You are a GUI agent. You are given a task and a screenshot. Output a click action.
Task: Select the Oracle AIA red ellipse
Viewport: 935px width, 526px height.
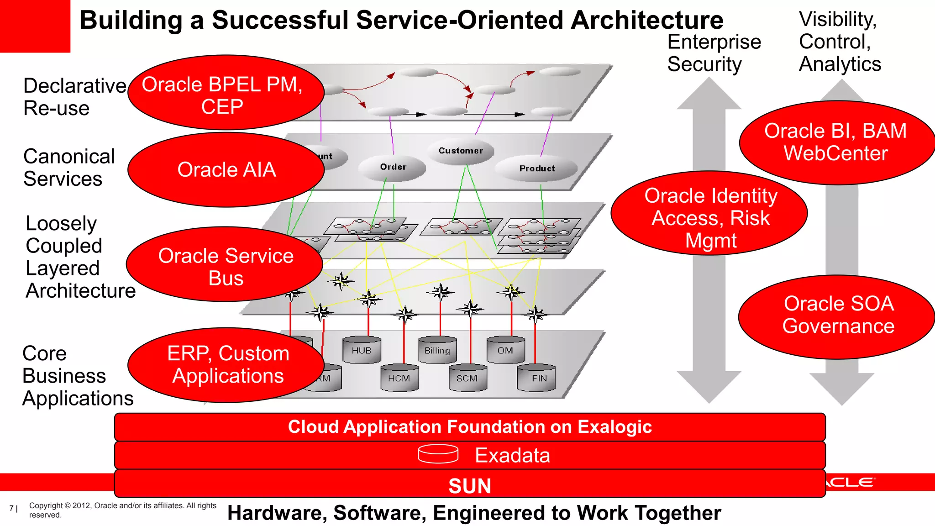(226, 170)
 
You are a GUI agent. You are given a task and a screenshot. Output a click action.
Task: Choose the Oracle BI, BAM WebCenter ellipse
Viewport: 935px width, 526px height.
(836, 142)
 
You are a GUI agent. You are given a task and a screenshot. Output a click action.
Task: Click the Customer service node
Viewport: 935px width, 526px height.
(460, 151)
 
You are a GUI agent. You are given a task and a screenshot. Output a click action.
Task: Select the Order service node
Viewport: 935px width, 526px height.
(393, 168)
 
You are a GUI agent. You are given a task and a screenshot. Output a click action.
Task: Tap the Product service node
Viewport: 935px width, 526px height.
(536, 168)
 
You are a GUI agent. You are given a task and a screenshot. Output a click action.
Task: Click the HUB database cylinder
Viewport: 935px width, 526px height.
(362, 350)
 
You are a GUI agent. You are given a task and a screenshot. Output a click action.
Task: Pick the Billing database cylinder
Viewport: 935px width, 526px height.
(437, 350)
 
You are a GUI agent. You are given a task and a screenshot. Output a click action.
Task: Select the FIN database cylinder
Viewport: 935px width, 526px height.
(536, 378)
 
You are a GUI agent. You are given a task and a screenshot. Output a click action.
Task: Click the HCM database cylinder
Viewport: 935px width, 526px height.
(399, 378)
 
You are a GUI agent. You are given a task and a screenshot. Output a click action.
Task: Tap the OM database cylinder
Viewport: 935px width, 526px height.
(505, 350)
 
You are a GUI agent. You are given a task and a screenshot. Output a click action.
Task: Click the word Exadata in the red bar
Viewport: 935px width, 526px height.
(512, 455)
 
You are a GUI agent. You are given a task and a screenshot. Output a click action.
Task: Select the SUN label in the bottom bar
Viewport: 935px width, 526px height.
(470, 486)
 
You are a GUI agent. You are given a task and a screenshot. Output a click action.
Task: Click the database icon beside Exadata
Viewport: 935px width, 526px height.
(438, 454)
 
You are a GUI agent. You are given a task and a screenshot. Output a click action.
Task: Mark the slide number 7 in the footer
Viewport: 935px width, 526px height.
(11, 508)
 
